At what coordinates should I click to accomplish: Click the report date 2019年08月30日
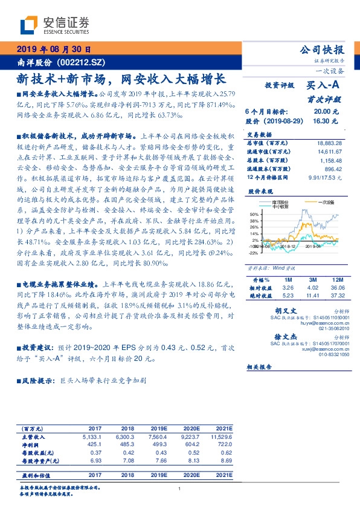53,50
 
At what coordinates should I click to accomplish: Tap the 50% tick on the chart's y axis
253,214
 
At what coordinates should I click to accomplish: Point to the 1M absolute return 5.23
288,296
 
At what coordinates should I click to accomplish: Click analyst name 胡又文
275,310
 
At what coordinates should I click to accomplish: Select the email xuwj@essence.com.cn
326,349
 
